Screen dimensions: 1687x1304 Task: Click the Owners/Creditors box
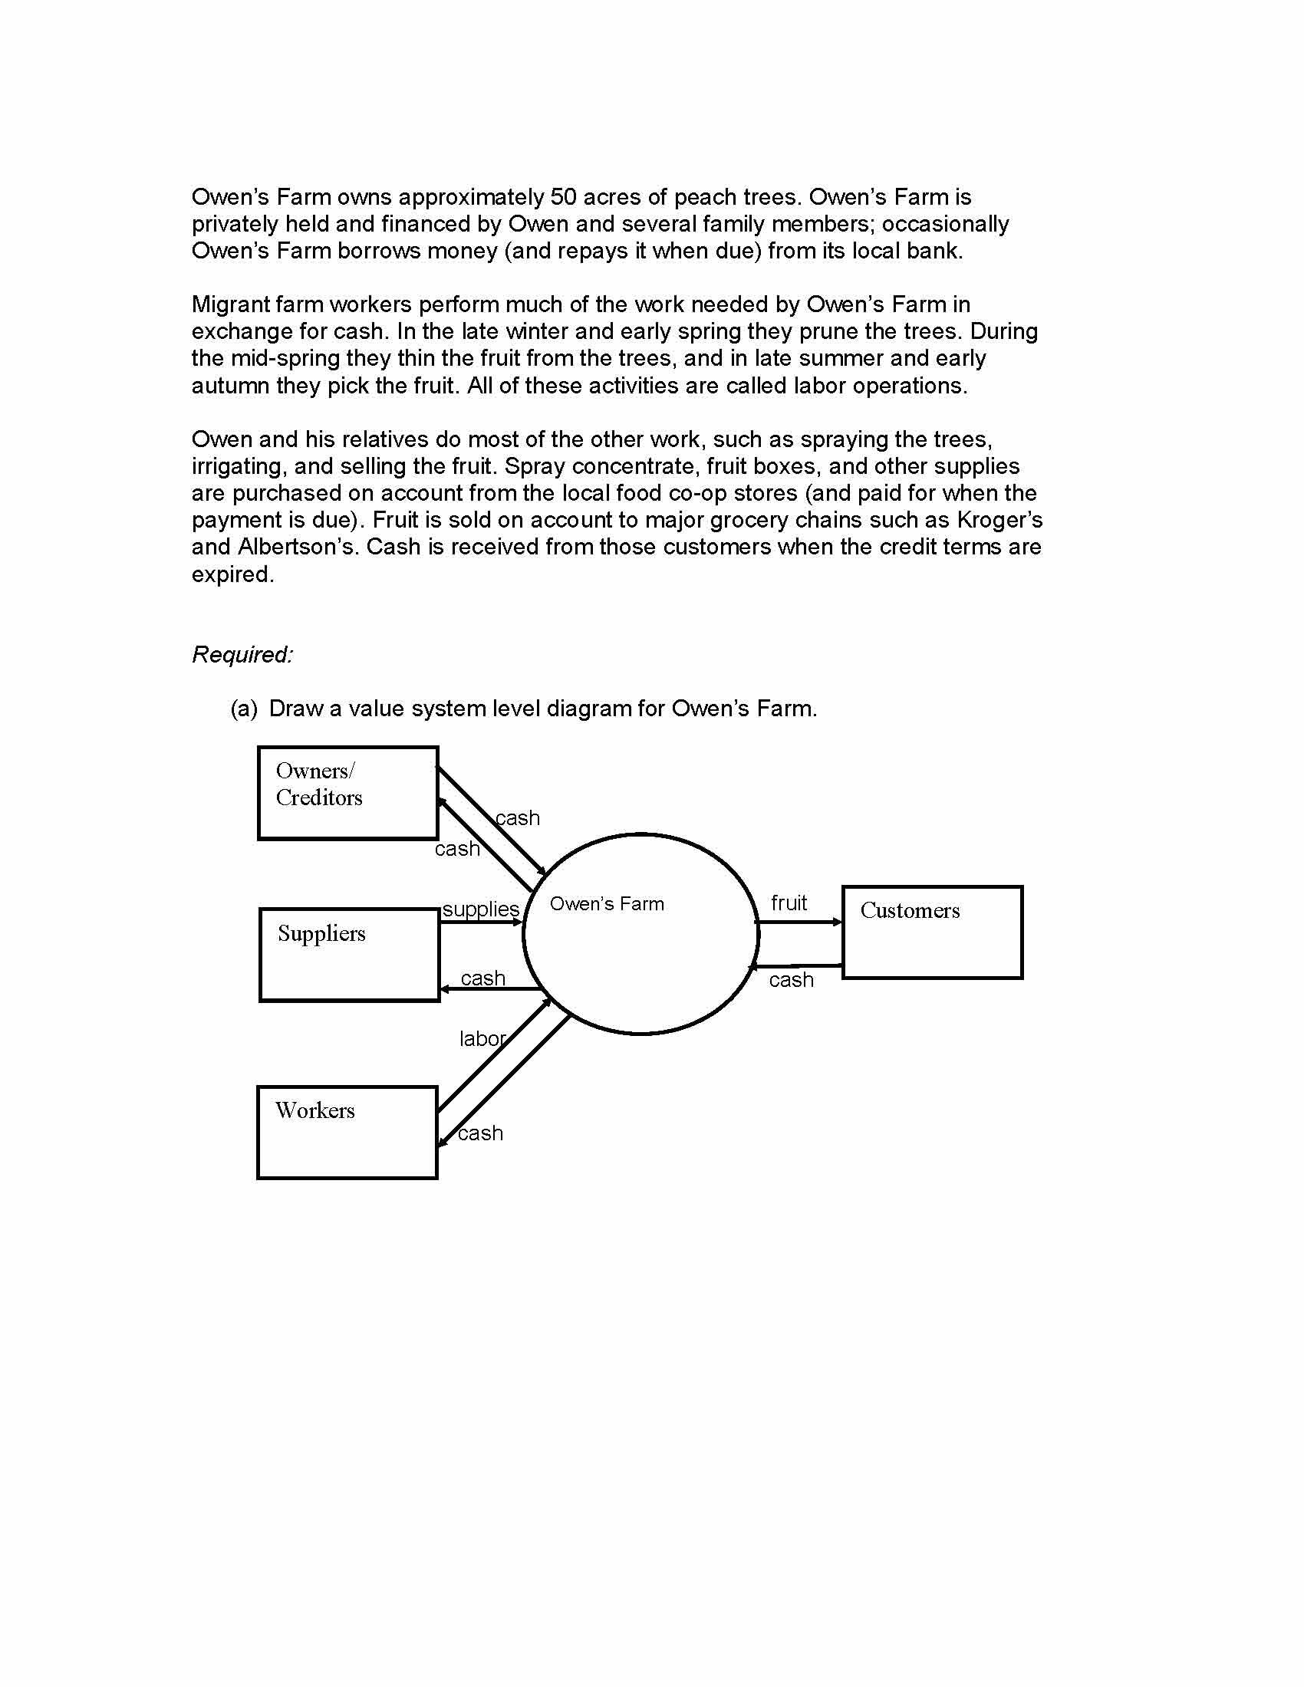pyautogui.click(x=347, y=793)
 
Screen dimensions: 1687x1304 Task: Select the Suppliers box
pyautogui.click(x=349, y=955)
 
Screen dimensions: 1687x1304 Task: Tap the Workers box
pyautogui.click(x=347, y=1133)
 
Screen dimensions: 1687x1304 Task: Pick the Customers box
pyautogui.click(x=932, y=932)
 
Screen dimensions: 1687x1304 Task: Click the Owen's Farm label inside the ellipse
pyautogui.click(x=607, y=904)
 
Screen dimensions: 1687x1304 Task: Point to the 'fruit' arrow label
pyautogui.click(x=789, y=903)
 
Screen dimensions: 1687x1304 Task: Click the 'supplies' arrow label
pyautogui.click(x=480, y=909)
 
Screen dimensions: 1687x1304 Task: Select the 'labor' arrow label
pyautogui.click(x=482, y=1039)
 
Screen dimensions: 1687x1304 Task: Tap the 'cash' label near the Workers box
pyautogui.click(x=479, y=1133)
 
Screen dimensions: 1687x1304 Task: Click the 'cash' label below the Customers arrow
pyautogui.click(x=791, y=980)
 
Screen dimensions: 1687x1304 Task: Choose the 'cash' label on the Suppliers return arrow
pyautogui.click(x=482, y=978)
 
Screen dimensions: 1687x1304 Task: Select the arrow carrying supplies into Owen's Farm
pyautogui.click(x=480, y=922)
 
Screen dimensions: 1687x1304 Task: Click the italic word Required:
pyautogui.click(x=242, y=655)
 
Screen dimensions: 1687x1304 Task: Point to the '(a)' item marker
pyautogui.click(x=243, y=709)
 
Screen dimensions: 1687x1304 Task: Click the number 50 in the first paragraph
pyautogui.click(x=563, y=197)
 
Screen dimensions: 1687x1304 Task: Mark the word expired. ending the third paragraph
pyautogui.click(x=232, y=574)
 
